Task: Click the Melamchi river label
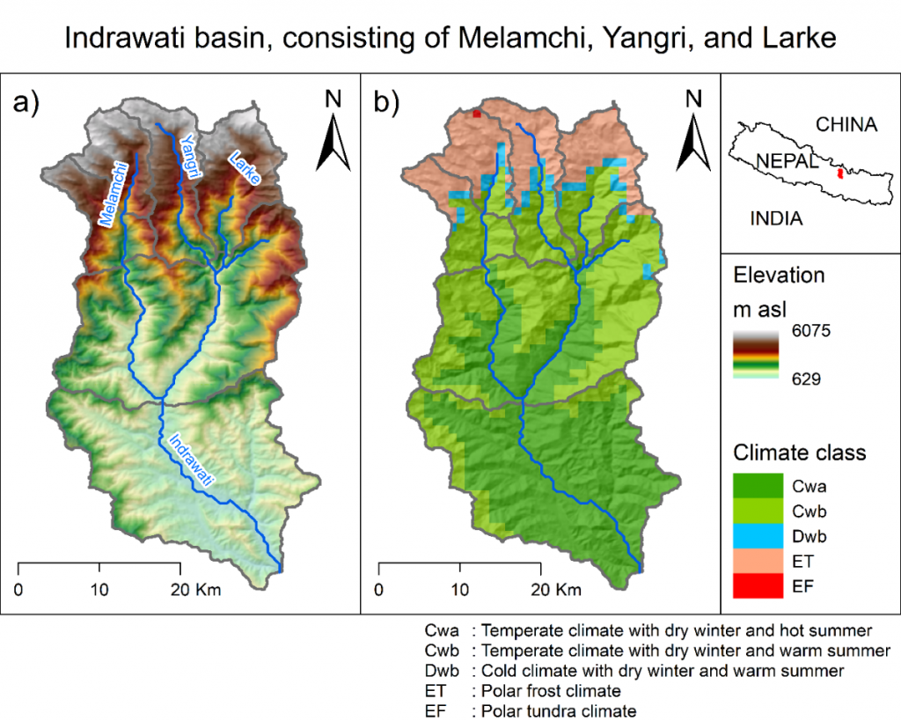tap(114, 195)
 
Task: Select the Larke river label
tap(245, 167)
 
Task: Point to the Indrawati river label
tap(191, 460)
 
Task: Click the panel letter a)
tap(26, 104)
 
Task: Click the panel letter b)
tap(386, 104)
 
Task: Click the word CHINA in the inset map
tap(846, 125)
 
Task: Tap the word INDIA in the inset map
tap(776, 218)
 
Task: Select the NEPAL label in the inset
tap(787, 161)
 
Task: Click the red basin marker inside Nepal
tap(840, 173)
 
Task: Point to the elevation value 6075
tap(810, 331)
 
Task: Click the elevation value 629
tap(806, 379)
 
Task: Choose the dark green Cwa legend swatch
tap(758, 486)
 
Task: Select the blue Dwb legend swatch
tap(758, 536)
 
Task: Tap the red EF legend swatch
tap(758, 586)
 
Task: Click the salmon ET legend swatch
tap(758, 561)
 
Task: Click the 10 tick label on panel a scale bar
tap(99, 590)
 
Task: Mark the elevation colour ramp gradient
tap(756, 355)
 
